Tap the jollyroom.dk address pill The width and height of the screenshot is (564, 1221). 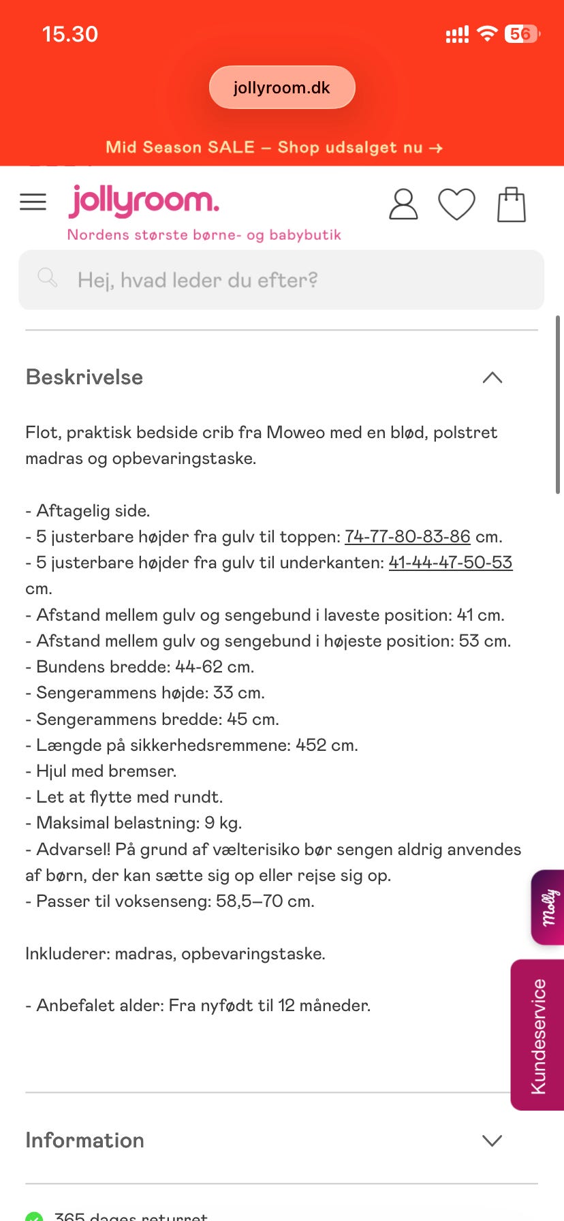click(281, 87)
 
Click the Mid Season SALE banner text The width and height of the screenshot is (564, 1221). click(274, 147)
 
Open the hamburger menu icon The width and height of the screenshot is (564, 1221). click(33, 202)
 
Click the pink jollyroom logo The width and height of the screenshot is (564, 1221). click(144, 201)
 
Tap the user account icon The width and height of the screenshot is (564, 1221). click(403, 204)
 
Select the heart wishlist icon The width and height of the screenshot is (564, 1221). click(456, 204)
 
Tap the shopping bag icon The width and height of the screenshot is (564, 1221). click(512, 204)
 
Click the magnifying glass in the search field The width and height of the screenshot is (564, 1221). click(47, 277)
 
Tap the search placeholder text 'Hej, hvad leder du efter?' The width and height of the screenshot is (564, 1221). click(198, 280)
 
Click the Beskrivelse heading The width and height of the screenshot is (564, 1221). click(84, 377)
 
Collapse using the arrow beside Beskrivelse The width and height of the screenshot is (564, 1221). click(492, 377)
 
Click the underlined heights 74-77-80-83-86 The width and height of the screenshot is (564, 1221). click(407, 537)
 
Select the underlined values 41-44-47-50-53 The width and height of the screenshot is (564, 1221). click(450, 563)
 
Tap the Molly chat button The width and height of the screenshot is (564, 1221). click(548, 907)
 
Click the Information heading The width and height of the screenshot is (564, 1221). click(84, 1141)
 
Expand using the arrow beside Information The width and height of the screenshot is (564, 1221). click(492, 1141)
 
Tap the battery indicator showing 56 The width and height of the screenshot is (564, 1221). click(521, 34)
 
